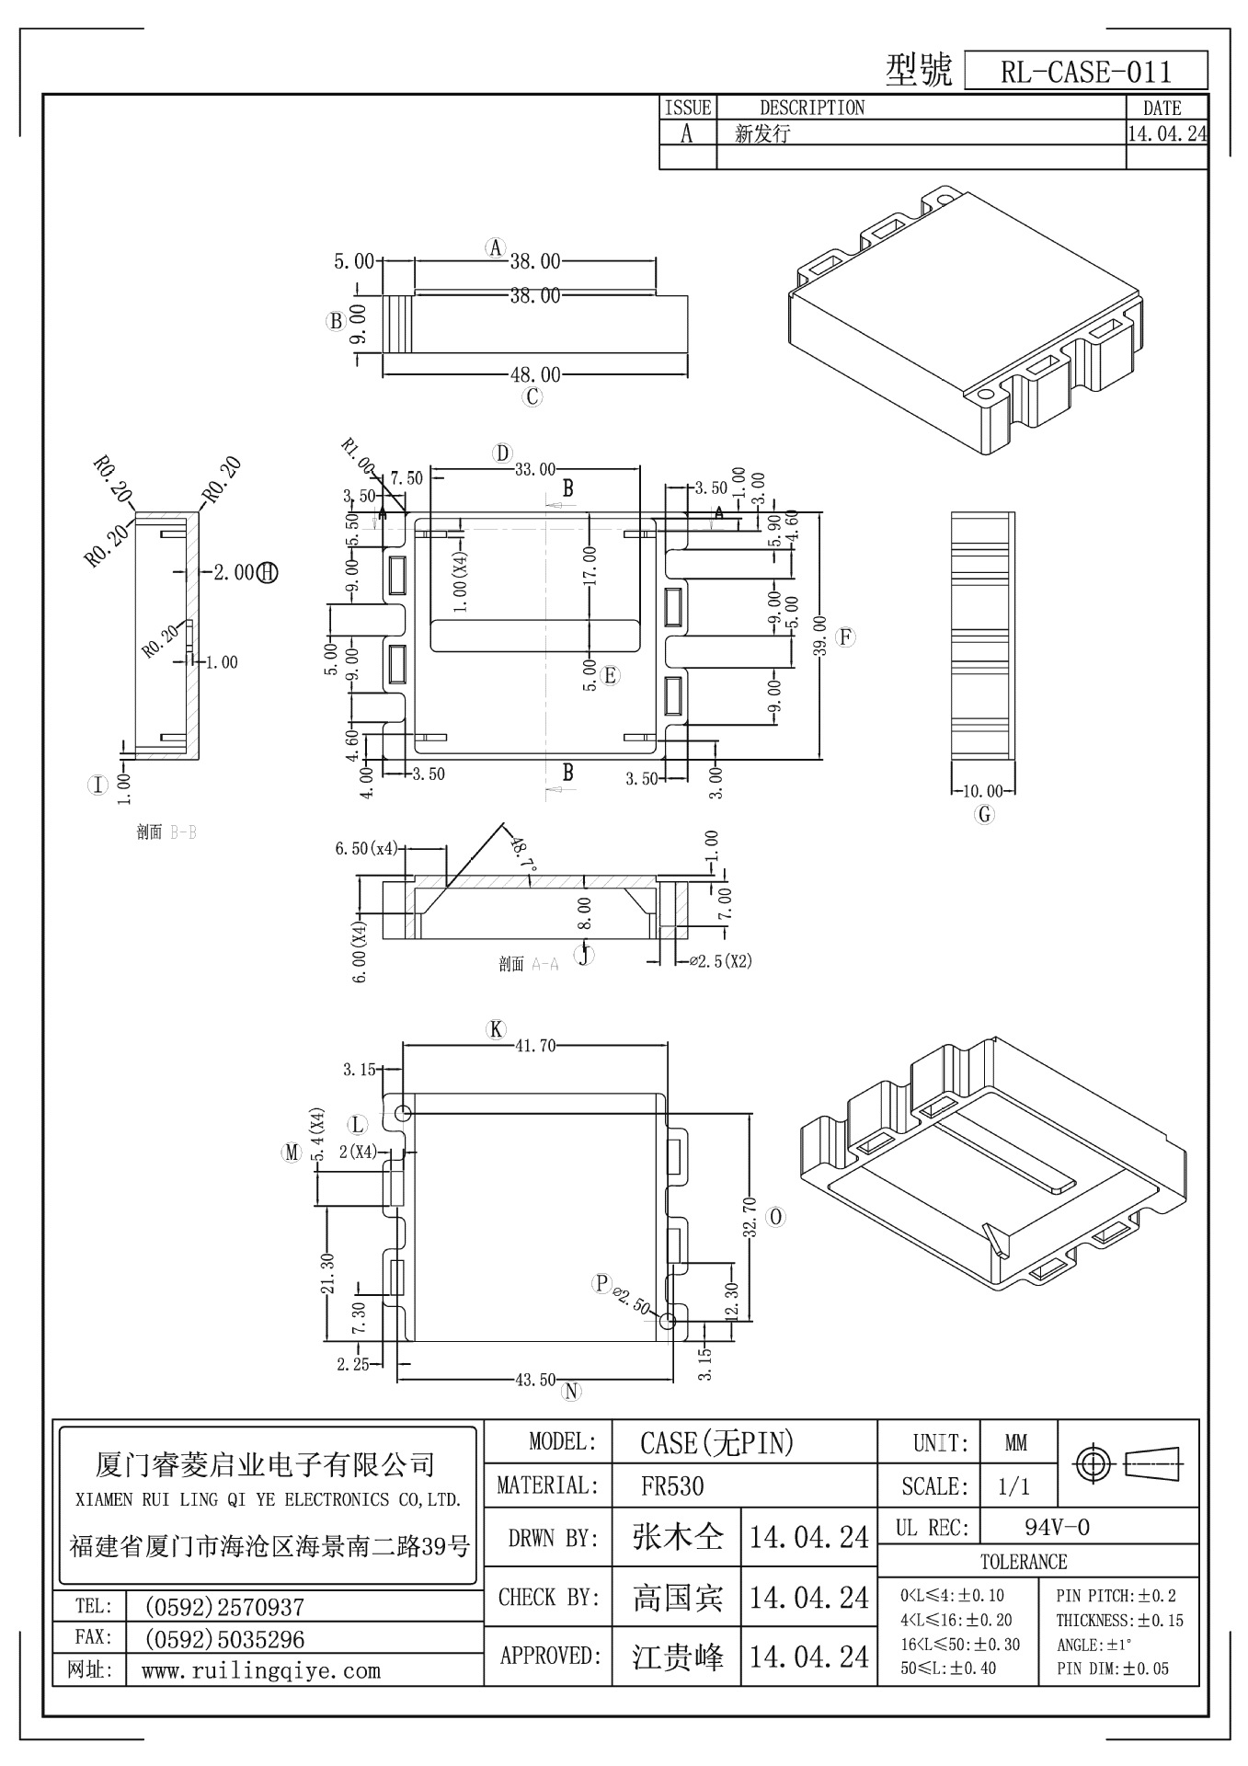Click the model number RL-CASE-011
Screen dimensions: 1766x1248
click(1085, 72)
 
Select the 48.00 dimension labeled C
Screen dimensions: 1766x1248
click(535, 375)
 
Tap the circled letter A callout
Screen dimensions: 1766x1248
click(496, 247)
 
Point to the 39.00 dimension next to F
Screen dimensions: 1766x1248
click(820, 636)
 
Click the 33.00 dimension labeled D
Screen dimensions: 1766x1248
click(534, 470)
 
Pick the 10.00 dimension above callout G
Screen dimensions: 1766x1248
click(982, 791)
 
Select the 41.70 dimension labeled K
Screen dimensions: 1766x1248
click(534, 1046)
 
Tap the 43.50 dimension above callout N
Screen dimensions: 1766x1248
click(534, 1380)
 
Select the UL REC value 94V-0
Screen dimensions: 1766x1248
click(1057, 1528)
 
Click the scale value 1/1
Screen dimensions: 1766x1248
click(1013, 1486)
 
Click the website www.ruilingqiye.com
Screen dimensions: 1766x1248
click(260, 1671)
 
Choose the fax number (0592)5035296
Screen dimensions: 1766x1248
click(224, 1639)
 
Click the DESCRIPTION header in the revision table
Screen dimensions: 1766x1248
click(812, 108)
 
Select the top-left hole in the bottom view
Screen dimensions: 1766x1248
click(403, 1114)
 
